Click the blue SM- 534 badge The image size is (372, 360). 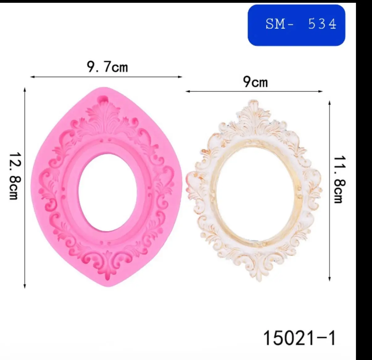point(296,25)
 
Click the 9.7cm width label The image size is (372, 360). point(107,67)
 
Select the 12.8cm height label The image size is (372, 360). point(15,176)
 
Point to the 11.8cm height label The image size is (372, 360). point(340,179)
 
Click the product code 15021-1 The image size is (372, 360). point(300,338)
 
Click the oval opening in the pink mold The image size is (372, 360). point(108,192)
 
